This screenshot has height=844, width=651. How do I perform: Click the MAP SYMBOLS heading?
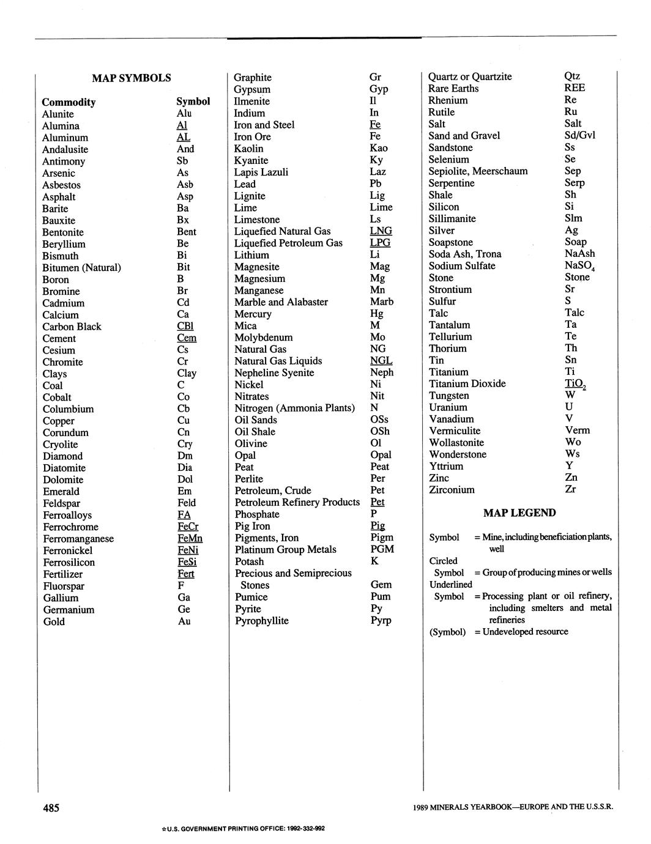coord(132,78)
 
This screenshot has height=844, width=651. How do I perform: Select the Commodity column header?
coord(69,102)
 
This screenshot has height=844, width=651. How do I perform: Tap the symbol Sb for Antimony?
coord(182,161)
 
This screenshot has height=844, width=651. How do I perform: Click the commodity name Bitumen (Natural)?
coord(81,268)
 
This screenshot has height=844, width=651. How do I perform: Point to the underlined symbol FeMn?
coord(190,539)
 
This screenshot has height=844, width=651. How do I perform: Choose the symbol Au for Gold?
coord(184,621)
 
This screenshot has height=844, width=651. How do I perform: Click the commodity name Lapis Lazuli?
coord(261,172)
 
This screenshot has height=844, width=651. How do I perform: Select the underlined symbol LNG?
coord(381,231)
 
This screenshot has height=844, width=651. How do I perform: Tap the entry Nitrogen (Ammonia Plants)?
coord(294,408)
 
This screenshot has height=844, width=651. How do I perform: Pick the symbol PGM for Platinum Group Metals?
coord(382,549)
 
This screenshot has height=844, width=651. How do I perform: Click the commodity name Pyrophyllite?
coord(262,621)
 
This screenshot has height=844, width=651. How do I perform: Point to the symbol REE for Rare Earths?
coord(575,88)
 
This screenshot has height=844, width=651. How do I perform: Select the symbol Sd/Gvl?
coord(579,135)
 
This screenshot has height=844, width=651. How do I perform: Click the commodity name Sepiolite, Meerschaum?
coord(478,171)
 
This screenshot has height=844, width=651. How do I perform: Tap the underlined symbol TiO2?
coord(576,384)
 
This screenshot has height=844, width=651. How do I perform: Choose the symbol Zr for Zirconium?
coord(570,489)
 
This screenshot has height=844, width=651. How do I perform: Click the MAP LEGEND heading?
coord(519,513)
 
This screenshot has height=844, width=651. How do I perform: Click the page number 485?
coord(51,808)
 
